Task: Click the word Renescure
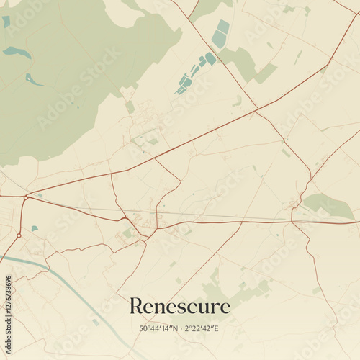(x=180, y=306)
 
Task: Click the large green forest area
(x=65, y=79)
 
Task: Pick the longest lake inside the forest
(x=17, y=53)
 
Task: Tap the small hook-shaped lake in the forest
(x=33, y=79)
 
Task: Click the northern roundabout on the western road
(x=26, y=197)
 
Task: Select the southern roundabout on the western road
(x=19, y=235)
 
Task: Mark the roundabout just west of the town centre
(x=124, y=218)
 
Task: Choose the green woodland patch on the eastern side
(x=328, y=205)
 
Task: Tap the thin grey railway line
(x=216, y=216)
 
